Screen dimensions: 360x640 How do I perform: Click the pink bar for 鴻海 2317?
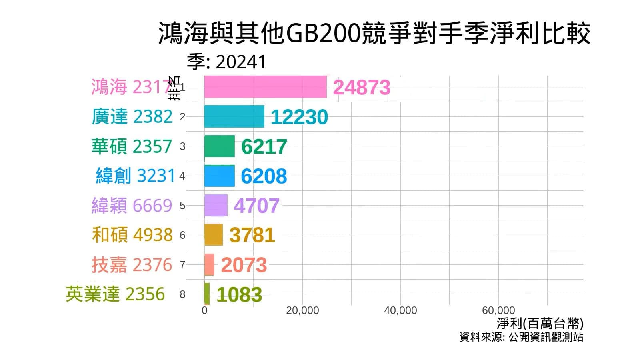265,87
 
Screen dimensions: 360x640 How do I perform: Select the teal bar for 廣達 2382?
234,116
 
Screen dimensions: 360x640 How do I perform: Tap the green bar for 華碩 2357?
219,146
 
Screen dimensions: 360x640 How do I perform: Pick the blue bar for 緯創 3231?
219,176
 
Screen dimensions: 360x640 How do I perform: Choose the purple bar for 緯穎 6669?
216,205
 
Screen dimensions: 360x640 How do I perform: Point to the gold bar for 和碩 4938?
213,235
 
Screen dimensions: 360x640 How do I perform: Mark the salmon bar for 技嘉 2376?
209,264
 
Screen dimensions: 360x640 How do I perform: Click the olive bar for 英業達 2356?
207,294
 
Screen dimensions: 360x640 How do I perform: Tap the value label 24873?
361,87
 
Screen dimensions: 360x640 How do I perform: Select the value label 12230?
299,117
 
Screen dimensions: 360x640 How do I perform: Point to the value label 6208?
264,176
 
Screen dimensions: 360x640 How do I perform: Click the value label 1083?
239,294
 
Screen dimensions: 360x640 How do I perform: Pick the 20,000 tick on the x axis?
302,310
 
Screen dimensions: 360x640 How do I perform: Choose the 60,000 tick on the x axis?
498,310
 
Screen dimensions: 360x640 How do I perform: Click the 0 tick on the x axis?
204,310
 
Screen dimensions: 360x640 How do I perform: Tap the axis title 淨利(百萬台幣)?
540,323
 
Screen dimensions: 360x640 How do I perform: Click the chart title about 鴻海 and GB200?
374,34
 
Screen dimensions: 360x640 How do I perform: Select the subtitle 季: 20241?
226,62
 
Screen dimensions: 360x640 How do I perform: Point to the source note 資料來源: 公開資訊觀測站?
521,337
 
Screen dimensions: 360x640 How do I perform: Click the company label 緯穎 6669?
132,206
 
